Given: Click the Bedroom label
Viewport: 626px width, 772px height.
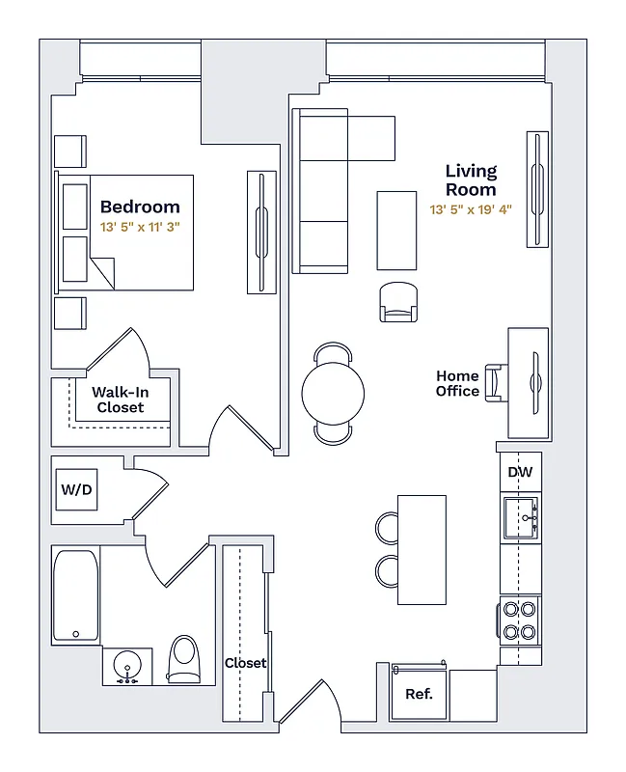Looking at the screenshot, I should (x=140, y=207).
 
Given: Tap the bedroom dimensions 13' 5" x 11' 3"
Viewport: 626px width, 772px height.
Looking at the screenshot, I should (x=140, y=227).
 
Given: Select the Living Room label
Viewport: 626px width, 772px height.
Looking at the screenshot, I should (x=471, y=180).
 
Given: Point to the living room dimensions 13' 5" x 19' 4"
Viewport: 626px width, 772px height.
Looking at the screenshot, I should (x=471, y=208).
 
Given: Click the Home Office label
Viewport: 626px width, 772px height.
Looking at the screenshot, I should (x=457, y=383).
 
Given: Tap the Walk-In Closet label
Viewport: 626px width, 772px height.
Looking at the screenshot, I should (x=120, y=400).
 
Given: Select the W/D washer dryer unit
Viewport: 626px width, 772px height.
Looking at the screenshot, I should (x=76, y=490).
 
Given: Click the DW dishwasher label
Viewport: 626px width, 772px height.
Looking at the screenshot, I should (x=520, y=473).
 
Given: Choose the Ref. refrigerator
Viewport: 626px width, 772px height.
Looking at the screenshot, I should (x=419, y=693).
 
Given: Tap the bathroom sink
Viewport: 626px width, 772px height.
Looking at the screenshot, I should (x=127, y=666).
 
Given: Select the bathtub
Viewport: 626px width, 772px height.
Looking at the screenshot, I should (x=75, y=594).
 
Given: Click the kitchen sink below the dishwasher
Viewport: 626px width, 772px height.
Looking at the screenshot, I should (x=521, y=518).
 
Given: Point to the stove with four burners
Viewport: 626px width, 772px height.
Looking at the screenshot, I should (x=521, y=620).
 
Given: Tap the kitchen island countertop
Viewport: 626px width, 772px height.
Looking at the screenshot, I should (x=422, y=549).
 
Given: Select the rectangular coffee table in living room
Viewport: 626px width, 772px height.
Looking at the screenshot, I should (x=396, y=231).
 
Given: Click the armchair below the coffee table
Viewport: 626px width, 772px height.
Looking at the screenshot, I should (x=398, y=301).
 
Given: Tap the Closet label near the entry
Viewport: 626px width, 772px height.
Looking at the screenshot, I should (x=245, y=663).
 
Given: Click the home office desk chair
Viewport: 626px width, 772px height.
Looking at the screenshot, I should (x=496, y=380).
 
